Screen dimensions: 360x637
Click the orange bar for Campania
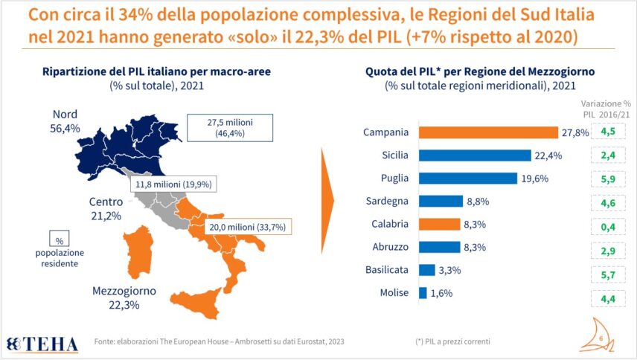(488, 132)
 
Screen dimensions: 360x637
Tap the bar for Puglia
(468, 178)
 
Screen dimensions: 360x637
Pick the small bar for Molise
(423, 292)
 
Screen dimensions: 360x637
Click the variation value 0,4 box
(607, 224)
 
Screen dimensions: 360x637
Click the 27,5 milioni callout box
(230, 127)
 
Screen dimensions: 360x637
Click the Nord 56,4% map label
(65, 121)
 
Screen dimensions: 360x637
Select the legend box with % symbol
(58, 240)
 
